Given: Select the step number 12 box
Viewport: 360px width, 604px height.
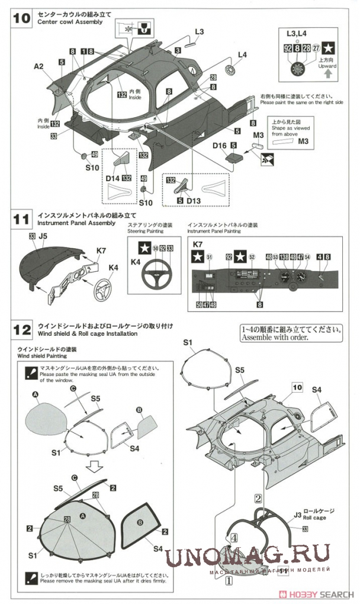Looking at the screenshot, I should tap(21, 329).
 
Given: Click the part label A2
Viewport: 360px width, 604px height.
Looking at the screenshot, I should tap(38, 67).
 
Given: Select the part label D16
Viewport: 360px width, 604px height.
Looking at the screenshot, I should tap(220, 144).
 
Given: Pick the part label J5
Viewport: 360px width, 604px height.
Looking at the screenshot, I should tap(43, 236).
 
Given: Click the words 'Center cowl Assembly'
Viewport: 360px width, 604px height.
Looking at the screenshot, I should tap(69, 22).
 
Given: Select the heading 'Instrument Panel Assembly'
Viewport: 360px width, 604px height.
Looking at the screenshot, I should tap(76, 223).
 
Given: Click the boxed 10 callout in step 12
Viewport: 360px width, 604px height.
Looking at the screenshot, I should tap(297, 387).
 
